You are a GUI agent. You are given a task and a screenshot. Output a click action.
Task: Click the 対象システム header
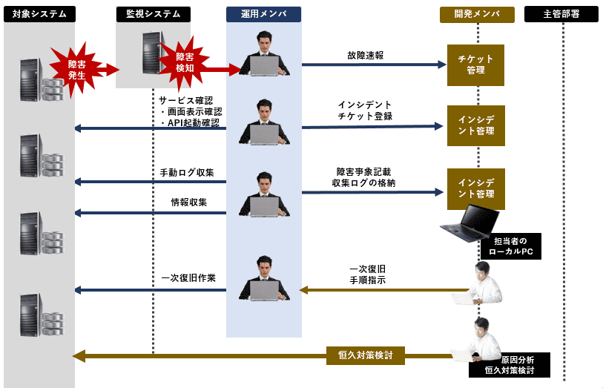(39, 14)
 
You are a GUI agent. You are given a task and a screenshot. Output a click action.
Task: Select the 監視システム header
(154, 14)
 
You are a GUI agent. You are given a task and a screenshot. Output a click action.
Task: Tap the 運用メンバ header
(264, 14)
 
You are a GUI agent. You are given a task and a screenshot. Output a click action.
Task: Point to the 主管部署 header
(561, 14)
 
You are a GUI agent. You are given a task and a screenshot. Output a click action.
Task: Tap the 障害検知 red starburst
(185, 62)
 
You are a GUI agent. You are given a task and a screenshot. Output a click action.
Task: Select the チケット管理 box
(475, 65)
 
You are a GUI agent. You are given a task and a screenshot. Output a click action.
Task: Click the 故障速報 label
(365, 56)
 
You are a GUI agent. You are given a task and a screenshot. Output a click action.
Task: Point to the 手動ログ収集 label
(187, 173)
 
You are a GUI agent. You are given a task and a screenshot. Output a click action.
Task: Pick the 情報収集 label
(189, 202)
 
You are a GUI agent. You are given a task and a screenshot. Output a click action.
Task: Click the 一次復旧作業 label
(188, 278)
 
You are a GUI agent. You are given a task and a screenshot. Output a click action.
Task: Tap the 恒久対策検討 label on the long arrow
(366, 355)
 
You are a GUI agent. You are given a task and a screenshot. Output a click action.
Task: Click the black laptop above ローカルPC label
(469, 223)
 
